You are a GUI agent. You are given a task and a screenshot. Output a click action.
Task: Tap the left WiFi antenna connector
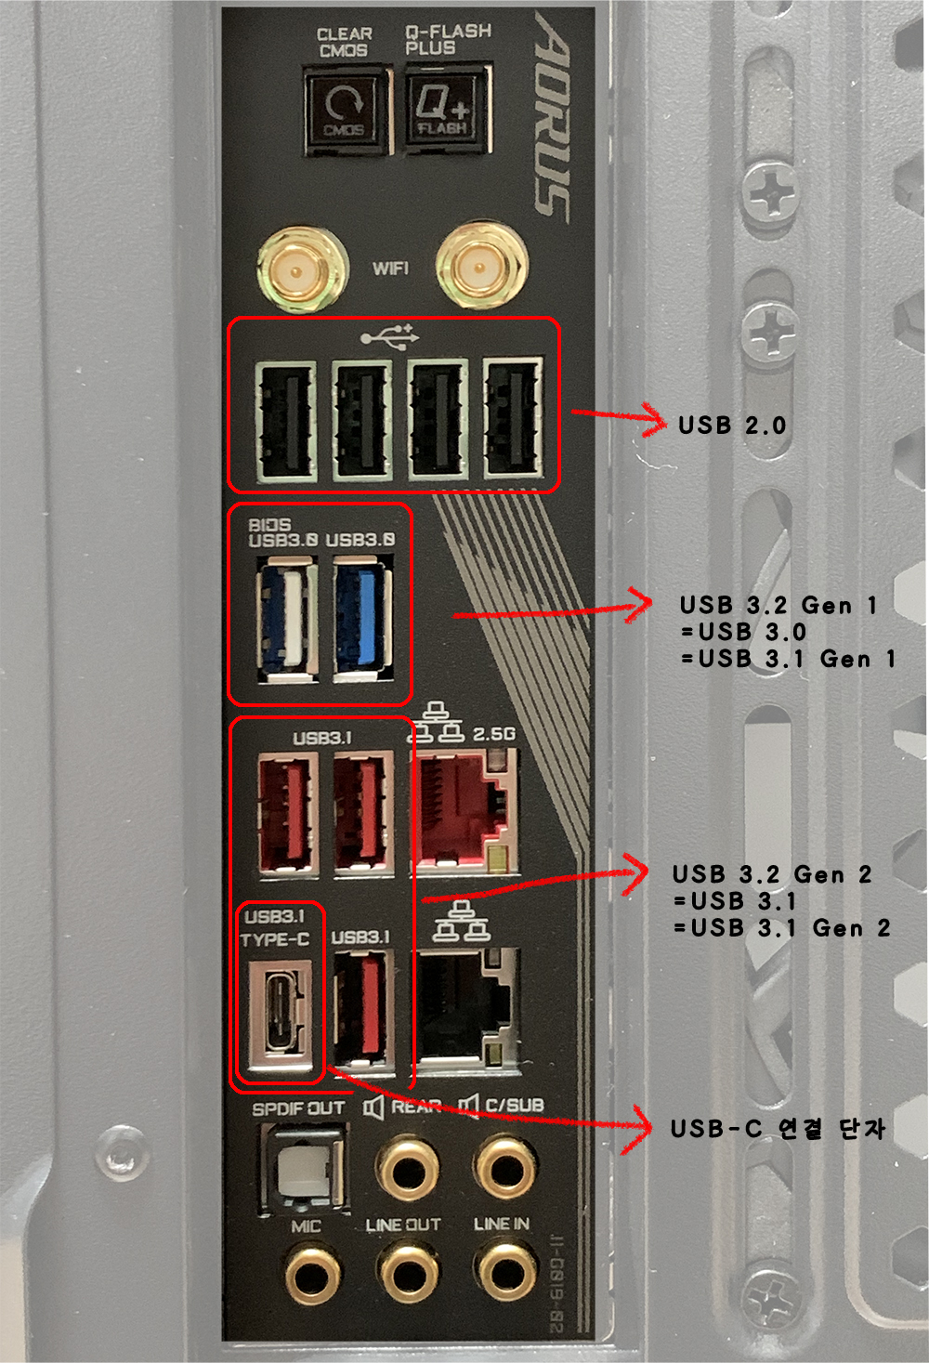tap(297, 271)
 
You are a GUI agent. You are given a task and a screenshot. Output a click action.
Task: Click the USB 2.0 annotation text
tap(732, 426)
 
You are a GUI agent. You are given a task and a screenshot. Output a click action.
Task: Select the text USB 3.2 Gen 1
tap(779, 606)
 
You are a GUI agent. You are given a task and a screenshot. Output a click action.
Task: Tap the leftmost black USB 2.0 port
tap(285, 420)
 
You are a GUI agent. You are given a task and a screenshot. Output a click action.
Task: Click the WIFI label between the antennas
tap(390, 269)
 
